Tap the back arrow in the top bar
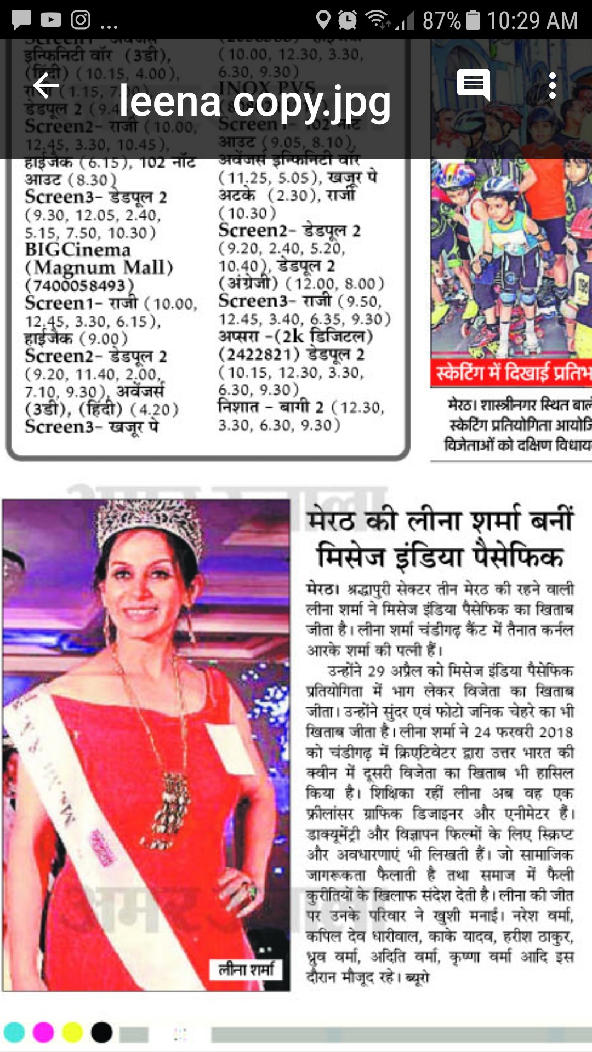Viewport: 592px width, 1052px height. pos(46,86)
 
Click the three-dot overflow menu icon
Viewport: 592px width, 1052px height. pos(552,86)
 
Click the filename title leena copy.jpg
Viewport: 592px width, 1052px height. pos(255,102)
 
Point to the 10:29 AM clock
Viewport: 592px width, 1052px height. pos(532,21)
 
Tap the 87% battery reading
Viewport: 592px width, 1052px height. pos(441,21)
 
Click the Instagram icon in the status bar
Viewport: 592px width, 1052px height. pos(81,20)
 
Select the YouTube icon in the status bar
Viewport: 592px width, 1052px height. pos(51,20)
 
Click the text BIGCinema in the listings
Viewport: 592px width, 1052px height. pos(78,250)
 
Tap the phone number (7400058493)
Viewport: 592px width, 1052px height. pos(79,285)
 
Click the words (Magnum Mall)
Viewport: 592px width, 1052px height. pos(99,268)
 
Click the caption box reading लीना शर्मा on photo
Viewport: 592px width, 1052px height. pos(246,969)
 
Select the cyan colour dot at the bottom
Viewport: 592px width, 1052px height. pos(14,1032)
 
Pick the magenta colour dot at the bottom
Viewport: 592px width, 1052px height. pos(43,1032)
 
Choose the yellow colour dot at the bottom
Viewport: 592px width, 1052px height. pos(72,1032)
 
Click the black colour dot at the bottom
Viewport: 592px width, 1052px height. pos(101,1032)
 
